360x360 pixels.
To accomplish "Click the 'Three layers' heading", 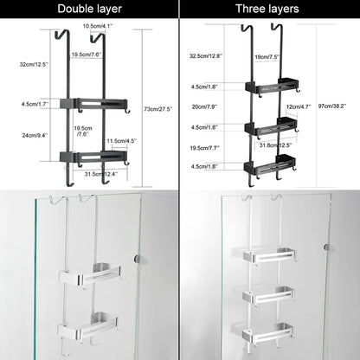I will tap(269, 10).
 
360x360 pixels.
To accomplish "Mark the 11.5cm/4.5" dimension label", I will tap(121, 140).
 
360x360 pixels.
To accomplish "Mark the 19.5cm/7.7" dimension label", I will tap(204, 149).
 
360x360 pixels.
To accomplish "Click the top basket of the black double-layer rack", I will tap(103, 102).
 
